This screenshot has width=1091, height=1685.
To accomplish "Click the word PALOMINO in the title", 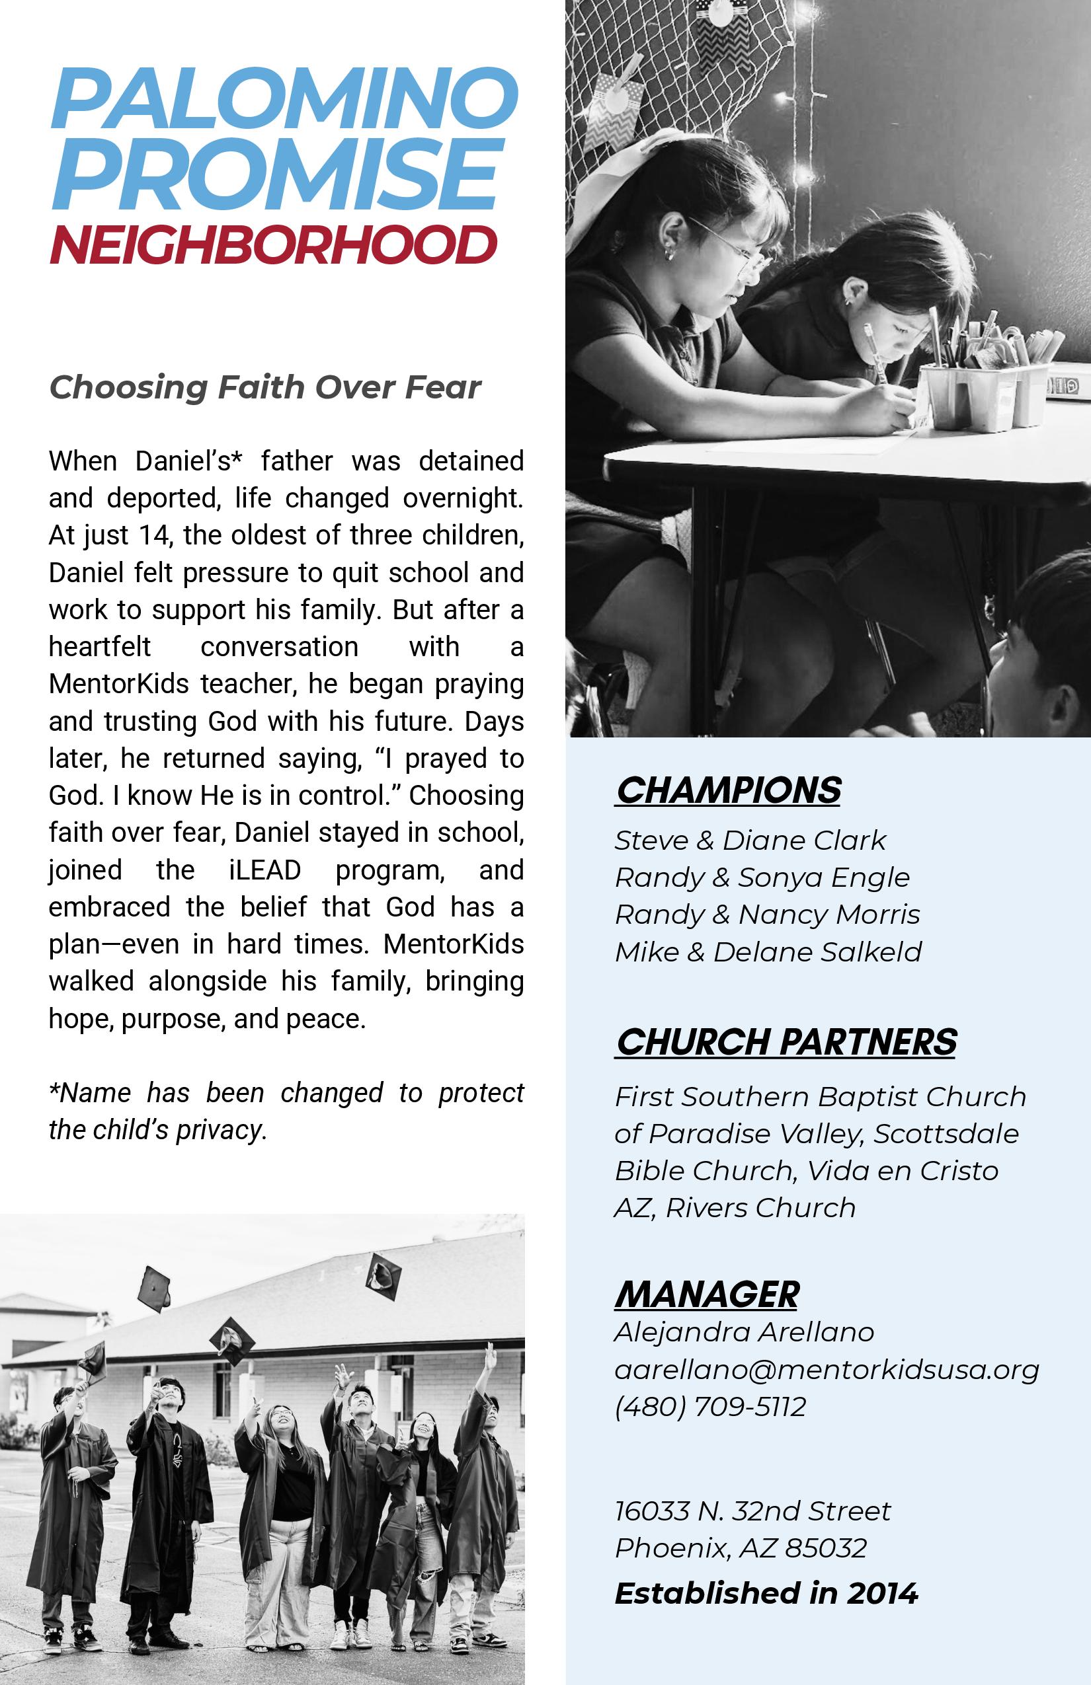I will pos(284,98).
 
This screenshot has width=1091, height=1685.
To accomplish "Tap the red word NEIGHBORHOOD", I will pos(272,245).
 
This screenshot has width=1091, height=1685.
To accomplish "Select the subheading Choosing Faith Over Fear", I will pos(265,387).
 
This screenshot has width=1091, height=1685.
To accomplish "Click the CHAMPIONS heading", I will pos(728,790).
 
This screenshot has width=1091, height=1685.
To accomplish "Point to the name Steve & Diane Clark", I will pos(750,841).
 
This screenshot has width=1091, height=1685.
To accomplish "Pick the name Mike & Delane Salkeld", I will pos(768,952).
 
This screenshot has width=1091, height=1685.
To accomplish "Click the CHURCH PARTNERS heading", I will pos(786,1041).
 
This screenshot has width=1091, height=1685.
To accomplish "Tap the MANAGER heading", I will pos(706,1294).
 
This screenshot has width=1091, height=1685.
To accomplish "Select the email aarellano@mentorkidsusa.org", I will pos(826,1369).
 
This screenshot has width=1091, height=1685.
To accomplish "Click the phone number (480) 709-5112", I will pos(710,1406).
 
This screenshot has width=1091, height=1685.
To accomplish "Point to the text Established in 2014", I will pos(766,1593).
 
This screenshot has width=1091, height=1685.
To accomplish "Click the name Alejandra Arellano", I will pos(744,1332).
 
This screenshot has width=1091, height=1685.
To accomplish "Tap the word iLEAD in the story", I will pos(265,870).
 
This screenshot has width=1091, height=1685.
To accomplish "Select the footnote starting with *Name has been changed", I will pos(286,1111).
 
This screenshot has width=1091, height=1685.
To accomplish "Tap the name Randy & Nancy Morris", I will pos(767,915).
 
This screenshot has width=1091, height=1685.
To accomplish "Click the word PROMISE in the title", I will pos(276,173).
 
